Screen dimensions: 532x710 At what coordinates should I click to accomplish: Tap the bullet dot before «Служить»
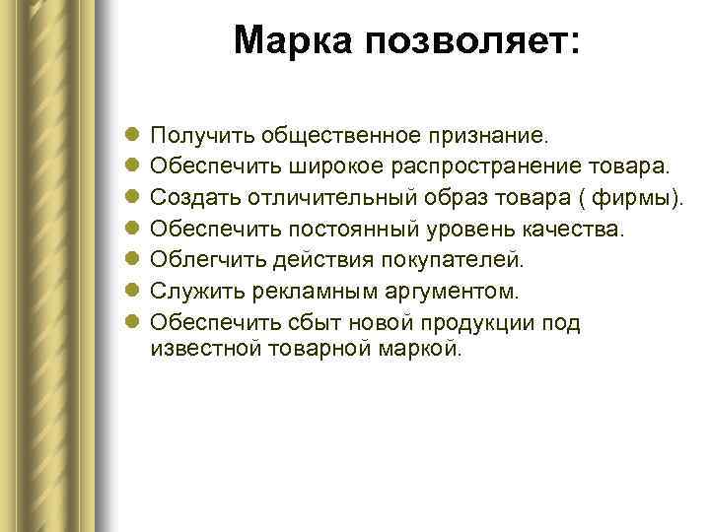tap(133, 292)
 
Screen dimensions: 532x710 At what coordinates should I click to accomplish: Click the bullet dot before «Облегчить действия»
tap(133, 260)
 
